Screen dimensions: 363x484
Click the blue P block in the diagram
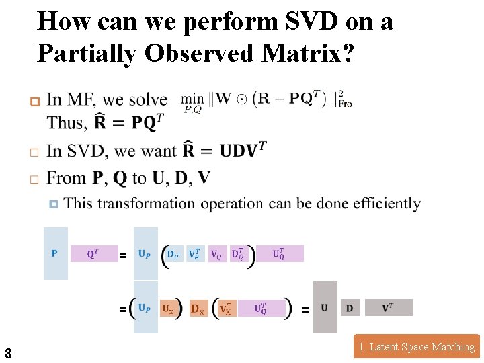(55, 253)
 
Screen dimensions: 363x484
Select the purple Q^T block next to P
(93, 253)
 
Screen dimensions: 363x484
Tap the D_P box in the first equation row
(174, 254)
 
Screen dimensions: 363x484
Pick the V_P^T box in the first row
(195, 254)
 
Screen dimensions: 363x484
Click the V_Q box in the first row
(217, 254)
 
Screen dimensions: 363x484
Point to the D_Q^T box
(239, 254)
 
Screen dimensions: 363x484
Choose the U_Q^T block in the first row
(279, 254)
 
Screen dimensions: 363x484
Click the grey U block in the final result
(325, 307)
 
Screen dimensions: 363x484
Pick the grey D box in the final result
(350, 308)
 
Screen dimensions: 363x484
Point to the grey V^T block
(388, 308)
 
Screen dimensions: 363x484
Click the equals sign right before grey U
(305, 310)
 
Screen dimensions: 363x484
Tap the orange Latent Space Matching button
(416, 347)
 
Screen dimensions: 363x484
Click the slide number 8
(8, 352)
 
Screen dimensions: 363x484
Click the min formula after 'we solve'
(266, 100)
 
